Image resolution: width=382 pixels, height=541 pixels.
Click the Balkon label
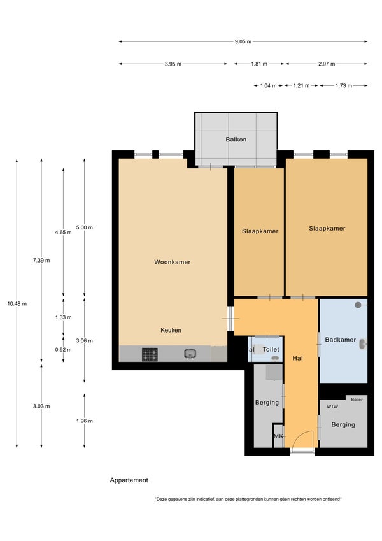(236, 140)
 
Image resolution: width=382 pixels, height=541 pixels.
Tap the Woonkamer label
(172, 262)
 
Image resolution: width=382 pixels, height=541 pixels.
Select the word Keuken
(171, 330)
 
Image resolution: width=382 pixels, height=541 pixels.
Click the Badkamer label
(340, 340)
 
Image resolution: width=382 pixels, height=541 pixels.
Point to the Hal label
(297, 359)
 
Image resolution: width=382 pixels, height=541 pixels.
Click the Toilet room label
(271, 349)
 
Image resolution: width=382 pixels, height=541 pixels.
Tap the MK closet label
(278, 436)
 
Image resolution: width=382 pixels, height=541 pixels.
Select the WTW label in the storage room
(332, 407)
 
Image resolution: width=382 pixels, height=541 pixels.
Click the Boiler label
(357, 400)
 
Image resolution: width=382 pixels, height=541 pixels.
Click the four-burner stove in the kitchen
(150, 355)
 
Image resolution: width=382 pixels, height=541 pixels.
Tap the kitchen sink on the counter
(190, 354)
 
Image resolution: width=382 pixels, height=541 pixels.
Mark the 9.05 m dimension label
(243, 41)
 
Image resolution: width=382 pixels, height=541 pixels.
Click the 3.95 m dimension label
(173, 64)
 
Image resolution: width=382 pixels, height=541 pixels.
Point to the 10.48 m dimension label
(17, 304)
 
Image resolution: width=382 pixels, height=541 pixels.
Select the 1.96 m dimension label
(85, 421)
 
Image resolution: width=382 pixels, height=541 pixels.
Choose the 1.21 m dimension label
(301, 85)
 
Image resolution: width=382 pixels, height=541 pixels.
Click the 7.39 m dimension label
(41, 261)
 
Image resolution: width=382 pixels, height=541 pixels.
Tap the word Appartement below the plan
(129, 480)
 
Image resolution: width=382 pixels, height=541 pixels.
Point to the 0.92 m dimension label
(64, 349)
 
